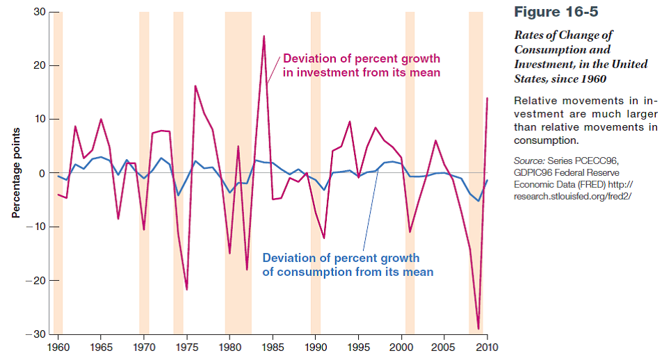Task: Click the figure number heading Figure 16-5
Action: (556, 12)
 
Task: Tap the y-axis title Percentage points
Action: (15, 173)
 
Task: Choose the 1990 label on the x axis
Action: (315, 346)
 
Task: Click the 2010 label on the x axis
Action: (487, 346)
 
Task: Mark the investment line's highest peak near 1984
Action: (264, 36)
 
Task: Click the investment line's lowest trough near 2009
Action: (478, 329)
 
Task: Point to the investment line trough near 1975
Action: (186, 289)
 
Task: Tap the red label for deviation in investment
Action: (361, 65)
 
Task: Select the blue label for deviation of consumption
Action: (347, 265)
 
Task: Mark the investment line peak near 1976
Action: (195, 86)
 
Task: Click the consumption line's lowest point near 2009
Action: (478, 201)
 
